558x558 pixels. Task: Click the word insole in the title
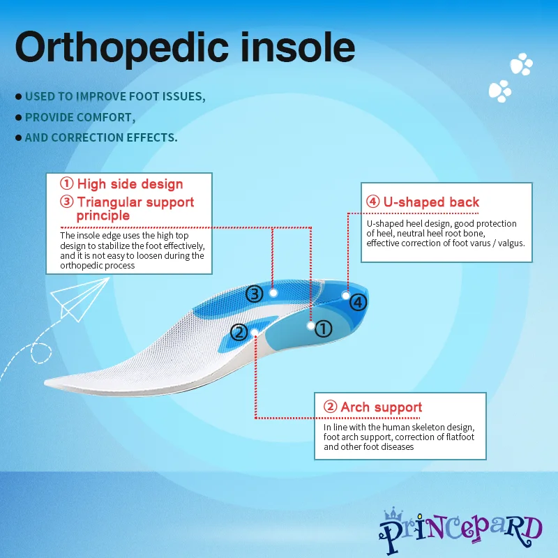click(298, 47)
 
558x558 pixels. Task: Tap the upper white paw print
click(521, 64)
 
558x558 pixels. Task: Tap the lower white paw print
click(500, 91)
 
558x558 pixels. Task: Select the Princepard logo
click(460, 530)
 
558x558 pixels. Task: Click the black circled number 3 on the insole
click(255, 294)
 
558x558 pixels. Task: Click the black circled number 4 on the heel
click(358, 302)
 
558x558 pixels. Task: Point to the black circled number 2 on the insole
click(239, 333)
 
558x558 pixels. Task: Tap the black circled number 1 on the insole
click(323, 329)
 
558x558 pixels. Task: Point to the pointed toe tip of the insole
click(45, 382)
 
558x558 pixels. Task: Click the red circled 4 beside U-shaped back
click(373, 202)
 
